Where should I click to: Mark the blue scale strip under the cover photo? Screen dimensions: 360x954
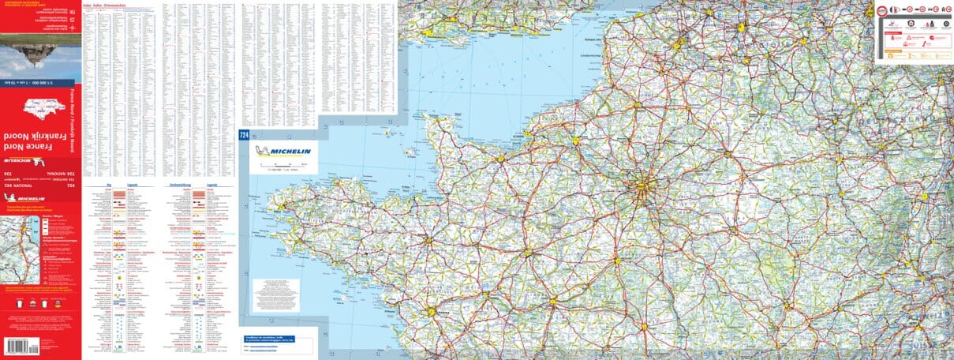(40, 81)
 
